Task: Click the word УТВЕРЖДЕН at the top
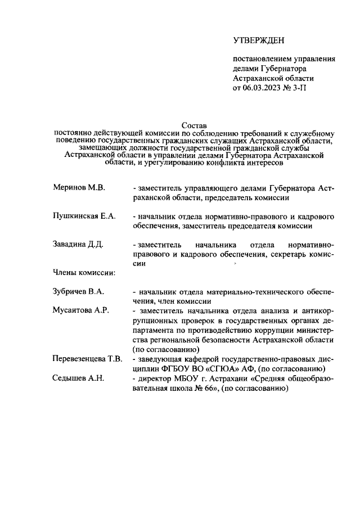[259, 40]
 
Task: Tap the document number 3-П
[301, 88]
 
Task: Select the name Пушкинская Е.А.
[84, 216]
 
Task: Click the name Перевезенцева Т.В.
[87, 359]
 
